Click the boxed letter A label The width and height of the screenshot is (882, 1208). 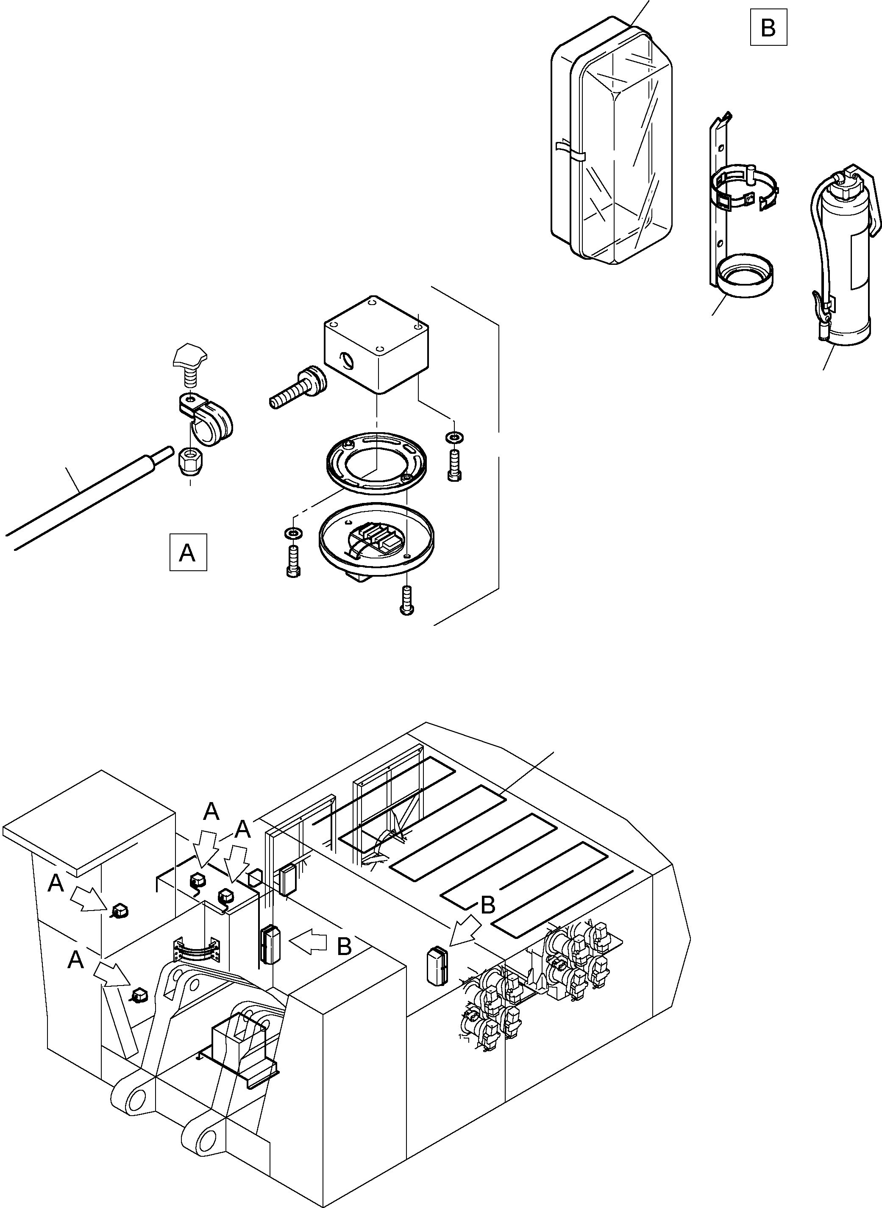point(188,553)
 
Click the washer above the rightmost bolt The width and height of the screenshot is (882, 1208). point(454,437)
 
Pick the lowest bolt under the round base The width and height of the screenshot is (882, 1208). point(407,600)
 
